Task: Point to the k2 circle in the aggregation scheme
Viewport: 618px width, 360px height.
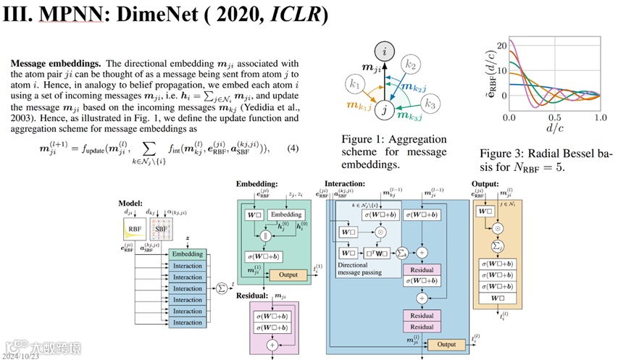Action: [x=411, y=65]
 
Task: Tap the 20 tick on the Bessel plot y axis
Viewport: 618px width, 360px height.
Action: [x=501, y=41]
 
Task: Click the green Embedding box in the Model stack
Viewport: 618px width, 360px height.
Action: [x=188, y=254]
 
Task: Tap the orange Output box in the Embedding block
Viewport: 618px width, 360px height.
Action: [x=288, y=275]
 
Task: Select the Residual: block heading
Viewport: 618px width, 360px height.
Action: [x=253, y=296]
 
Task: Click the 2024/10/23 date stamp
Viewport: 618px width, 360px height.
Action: [x=21, y=355]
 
